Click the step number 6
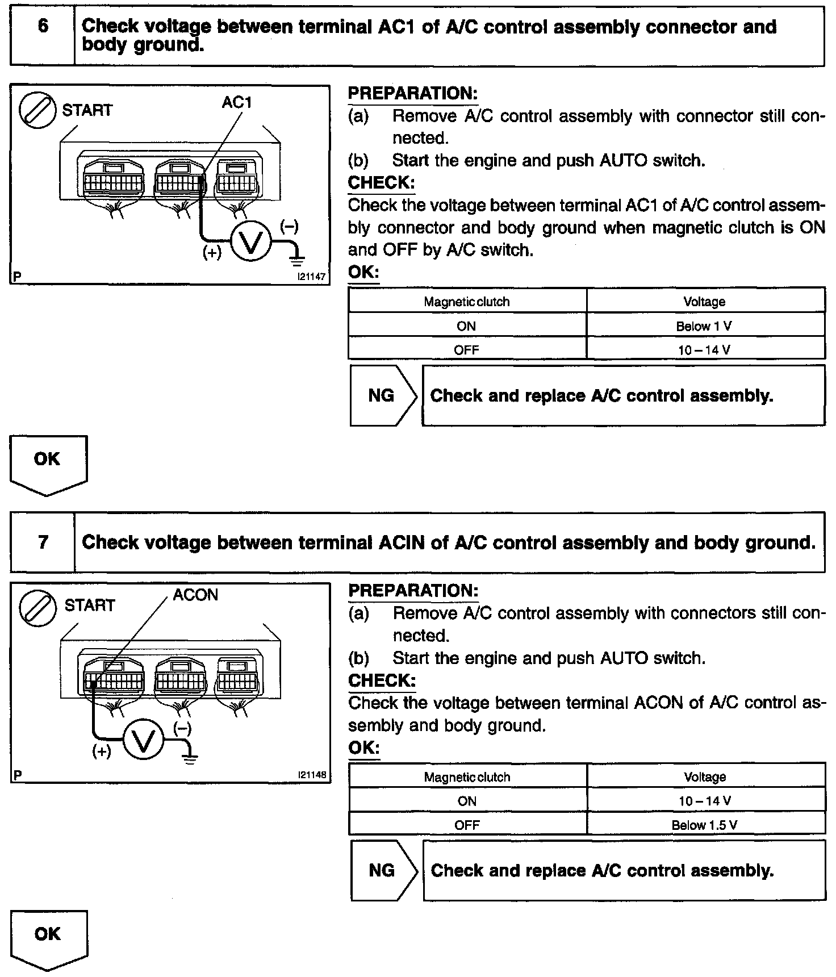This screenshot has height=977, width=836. coord(43,27)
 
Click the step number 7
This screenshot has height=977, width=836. coord(43,542)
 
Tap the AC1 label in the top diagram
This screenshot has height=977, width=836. coord(237,102)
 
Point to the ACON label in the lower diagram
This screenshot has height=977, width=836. coord(195,595)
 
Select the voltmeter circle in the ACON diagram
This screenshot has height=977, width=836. coord(144,741)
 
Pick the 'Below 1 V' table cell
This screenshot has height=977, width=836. coord(704,326)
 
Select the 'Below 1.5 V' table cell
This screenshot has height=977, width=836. coord(704,825)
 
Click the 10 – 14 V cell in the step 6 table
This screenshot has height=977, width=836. coord(704,350)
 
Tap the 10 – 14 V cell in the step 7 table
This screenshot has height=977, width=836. coord(704,801)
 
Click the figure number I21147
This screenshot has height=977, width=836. coord(311,277)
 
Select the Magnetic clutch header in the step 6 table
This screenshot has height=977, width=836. coord(466,302)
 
